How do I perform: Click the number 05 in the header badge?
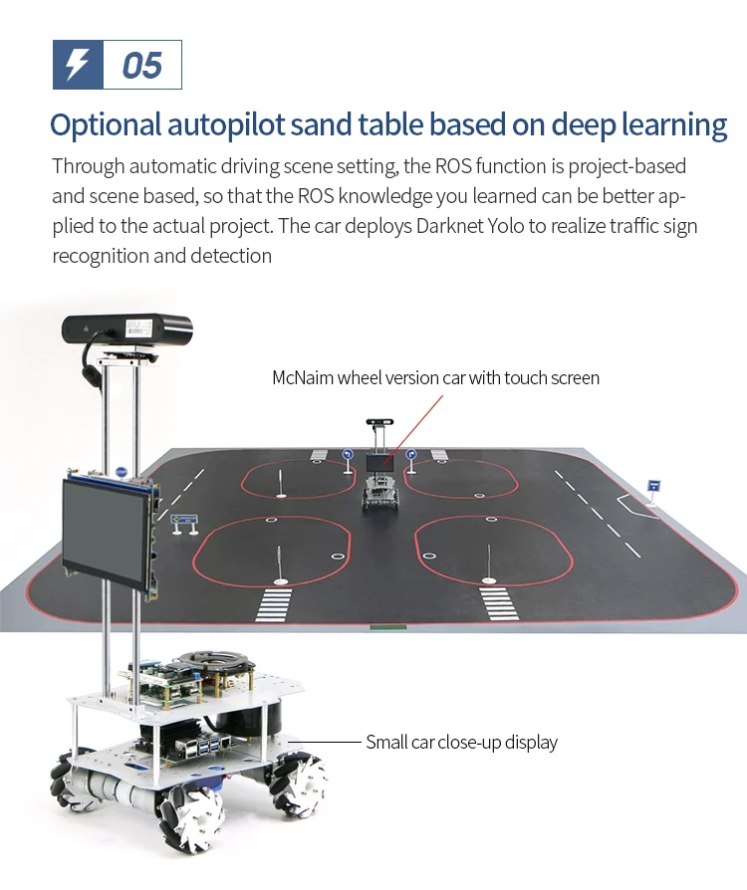tap(141, 66)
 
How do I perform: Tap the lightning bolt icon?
tap(77, 66)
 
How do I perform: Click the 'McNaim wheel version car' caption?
tap(435, 378)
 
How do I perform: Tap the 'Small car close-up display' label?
tap(461, 742)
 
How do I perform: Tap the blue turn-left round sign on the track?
tap(348, 455)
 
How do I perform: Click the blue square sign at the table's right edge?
tap(653, 486)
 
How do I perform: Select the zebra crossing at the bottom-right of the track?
tap(495, 601)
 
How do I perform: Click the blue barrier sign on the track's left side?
tap(184, 520)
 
